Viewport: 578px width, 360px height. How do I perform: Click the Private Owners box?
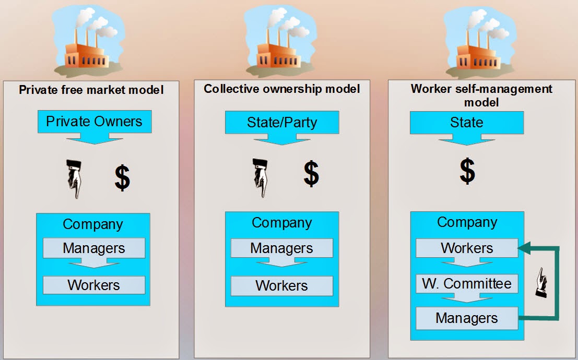[x=95, y=122]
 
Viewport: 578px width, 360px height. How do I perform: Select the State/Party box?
[x=282, y=122]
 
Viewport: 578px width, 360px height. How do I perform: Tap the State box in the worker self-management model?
[x=467, y=122]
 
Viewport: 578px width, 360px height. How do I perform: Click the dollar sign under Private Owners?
[x=122, y=177]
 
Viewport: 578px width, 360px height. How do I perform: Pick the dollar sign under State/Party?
[x=311, y=174]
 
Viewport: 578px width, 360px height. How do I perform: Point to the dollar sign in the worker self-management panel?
[x=467, y=171]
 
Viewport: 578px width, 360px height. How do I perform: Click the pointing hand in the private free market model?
[x=74, y=179]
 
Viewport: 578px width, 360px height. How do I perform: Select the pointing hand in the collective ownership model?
[x=260, y=177]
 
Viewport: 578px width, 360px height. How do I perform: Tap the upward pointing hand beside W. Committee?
[x=541, y=282]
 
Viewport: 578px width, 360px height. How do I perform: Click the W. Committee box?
[x=467, y=284]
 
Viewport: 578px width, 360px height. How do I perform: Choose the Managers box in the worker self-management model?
[x=467, y=318]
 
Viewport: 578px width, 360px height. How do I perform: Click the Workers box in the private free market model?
[x=94, y=285]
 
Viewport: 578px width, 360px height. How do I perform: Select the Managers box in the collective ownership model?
[x=281, y=248]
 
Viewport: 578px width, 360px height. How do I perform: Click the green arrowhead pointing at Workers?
[x=524, y=248]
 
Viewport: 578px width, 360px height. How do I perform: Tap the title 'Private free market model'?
[x=91, y=90]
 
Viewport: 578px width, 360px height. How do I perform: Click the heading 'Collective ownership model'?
[x=281, y=89]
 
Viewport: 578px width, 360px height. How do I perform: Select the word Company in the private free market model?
[x=93, y=224]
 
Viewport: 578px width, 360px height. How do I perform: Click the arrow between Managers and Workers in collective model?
[x=281, y=262]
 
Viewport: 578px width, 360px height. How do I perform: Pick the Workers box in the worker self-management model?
[x=467, y=248]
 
